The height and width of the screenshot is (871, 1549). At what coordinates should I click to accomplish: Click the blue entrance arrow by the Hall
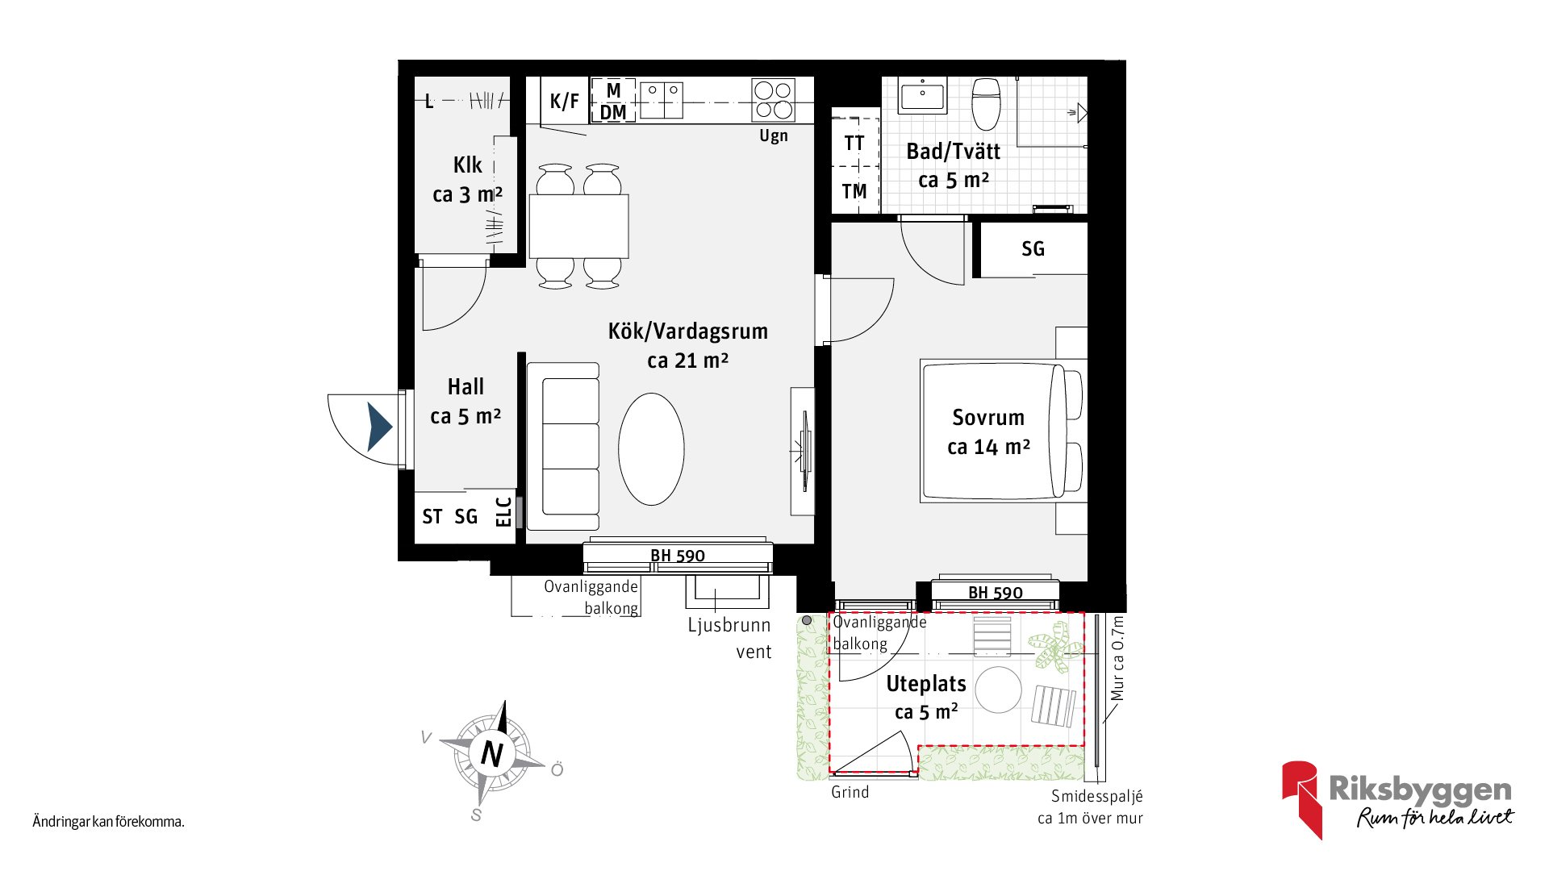coord(379,427)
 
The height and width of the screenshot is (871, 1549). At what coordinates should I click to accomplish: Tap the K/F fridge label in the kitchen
coord(564,101)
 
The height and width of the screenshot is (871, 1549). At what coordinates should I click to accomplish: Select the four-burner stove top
coord(773,100)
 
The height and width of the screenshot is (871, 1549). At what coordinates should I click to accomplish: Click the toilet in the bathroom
coord(986,103)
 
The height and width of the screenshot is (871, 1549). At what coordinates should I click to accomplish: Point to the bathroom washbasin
coord(923,96)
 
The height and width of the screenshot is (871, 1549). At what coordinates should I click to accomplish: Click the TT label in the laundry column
coord(854,144)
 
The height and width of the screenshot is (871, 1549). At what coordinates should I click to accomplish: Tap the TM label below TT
coord(854,191)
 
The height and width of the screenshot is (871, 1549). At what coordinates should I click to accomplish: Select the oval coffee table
coord(651,449)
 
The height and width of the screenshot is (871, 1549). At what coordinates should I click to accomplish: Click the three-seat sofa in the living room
coord(563,446)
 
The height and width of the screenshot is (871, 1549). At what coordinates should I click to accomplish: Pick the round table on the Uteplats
coord(998,690)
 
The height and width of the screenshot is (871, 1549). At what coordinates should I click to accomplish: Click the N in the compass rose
coord(491,754)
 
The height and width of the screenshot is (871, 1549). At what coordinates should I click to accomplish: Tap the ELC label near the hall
coord(503,512)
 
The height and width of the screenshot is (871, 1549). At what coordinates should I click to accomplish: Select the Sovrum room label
coord(988,418)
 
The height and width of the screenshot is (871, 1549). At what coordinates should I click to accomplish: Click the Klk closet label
coord(468,165)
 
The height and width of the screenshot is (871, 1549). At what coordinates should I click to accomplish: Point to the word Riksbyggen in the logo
coord(1421,790)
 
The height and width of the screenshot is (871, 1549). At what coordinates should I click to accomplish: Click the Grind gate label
coord(850,792)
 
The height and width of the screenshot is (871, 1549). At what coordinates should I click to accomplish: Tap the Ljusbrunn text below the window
coord(729,625)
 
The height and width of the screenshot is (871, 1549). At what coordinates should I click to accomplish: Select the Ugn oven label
coord(774,136)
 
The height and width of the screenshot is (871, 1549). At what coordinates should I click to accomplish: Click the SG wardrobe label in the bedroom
coord(1033,248)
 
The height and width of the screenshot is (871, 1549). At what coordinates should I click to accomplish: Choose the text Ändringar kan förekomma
coord(109,822)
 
